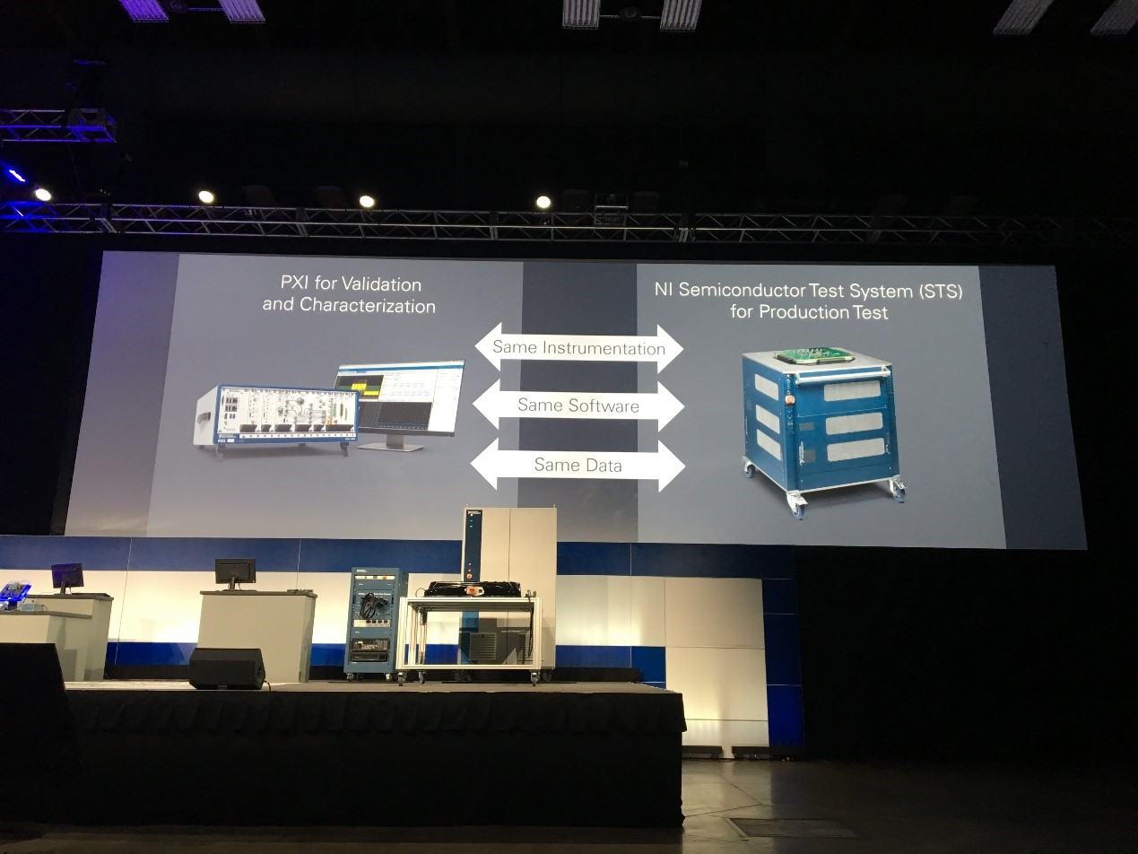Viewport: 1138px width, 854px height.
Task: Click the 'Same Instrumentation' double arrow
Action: click(578, 347)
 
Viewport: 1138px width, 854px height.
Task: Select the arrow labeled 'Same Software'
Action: click(578, 405)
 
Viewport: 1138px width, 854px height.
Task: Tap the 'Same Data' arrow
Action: click(578, 465)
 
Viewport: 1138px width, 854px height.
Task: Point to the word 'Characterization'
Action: click(368, 306)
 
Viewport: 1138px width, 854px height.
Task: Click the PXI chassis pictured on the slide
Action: click(274, 416)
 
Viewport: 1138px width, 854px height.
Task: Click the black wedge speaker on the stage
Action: click(227, 668)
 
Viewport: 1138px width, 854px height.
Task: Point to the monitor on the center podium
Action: click(235, 571)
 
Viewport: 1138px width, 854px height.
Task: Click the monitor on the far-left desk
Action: click(67, 575)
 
